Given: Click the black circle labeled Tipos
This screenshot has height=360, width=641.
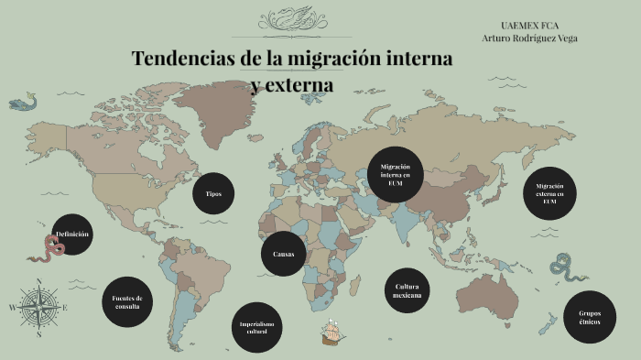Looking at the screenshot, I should [x=213, y=193].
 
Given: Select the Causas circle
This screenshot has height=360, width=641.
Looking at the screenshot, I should [x=283, y=254].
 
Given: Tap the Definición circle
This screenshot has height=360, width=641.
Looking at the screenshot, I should [x=73, y=235].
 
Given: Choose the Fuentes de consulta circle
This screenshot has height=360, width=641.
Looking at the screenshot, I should [x=126, y=301].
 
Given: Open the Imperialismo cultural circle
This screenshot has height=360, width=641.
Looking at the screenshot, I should [x=255, y=327].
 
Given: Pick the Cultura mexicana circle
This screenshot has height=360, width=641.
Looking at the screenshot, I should [x=407, y=291].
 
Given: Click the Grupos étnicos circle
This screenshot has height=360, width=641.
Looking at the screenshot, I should [x=589, y=317].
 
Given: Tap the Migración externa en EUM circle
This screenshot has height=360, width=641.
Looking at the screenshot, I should [x=549, y=194].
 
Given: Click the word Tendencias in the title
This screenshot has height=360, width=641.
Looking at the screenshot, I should [x=183, y=59].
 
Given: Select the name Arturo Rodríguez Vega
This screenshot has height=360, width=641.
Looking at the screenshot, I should [x=529, y=38].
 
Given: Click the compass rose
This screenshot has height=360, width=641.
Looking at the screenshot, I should [x=39, y=308].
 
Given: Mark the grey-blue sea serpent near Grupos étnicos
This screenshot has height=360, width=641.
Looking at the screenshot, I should [x=562, y=267].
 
